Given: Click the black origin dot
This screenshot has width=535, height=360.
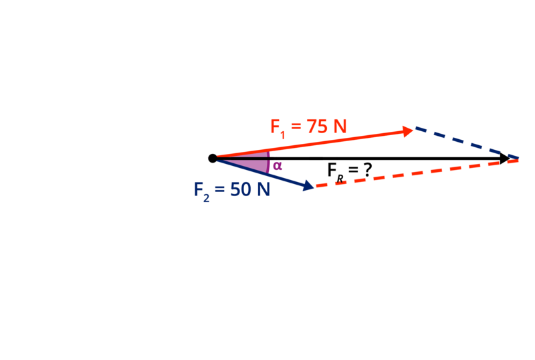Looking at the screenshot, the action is [213, 158].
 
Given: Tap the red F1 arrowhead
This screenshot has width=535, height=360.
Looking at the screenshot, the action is [408, 131].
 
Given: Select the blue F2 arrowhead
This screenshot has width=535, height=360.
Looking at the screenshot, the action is [308, 185].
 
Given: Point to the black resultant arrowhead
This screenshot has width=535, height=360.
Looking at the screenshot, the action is [504, 159].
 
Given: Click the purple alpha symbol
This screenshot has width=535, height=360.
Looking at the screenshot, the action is [278, 166].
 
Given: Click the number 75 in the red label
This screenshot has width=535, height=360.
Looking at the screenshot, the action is [316, 126].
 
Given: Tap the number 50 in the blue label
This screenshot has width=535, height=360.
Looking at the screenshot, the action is [241, 189].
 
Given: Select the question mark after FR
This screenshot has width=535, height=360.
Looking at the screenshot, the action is [367, 170].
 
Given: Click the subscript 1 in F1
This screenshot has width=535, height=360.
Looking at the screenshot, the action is [282, 135].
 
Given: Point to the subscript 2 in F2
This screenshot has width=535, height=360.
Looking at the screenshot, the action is [206, 198].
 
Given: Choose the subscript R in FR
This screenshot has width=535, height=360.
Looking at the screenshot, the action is [340, 179].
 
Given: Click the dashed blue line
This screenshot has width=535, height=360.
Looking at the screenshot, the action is [467, 143].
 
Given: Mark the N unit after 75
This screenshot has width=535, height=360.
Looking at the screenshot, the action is [340, 126].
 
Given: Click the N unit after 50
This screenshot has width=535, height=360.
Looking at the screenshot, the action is [263, 189].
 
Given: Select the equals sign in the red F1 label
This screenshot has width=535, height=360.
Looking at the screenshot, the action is [296, 126].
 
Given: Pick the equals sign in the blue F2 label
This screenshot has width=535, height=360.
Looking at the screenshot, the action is [220, 189].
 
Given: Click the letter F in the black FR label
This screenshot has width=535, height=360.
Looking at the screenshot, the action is [332, 169].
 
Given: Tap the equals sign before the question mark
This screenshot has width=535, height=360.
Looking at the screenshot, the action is [353, 170].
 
